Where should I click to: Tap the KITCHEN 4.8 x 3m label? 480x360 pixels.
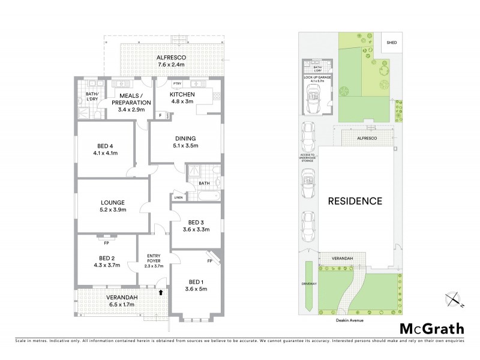[182, 98]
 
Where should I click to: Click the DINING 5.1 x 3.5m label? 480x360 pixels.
[185, 142]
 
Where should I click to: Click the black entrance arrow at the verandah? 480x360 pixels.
[160, 292]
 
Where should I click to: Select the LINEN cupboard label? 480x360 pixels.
[178, 197]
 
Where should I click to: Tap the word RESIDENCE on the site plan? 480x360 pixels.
[355, 201]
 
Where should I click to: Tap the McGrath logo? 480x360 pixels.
[431, 328]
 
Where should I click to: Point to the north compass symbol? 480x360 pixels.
[454, 298]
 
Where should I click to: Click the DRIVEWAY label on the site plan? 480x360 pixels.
[310, 283]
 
